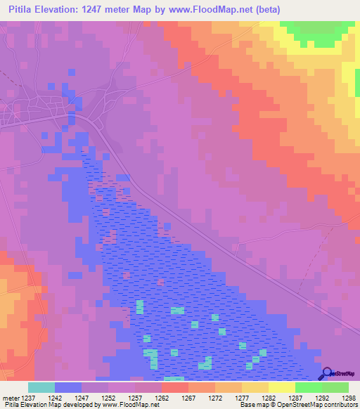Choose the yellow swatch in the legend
pos(281,387)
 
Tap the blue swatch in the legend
pos(68,387)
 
